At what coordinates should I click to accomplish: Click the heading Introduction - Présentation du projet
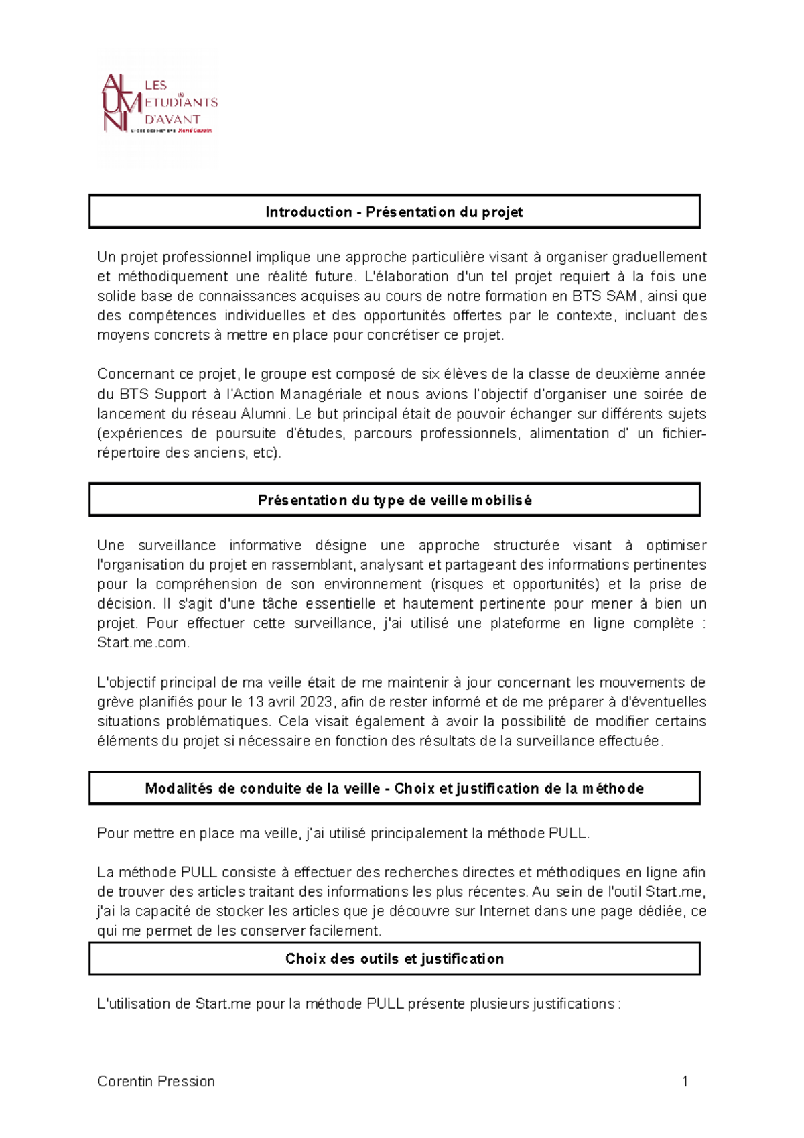coord(394,212)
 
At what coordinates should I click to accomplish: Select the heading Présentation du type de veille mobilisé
coord(394,501)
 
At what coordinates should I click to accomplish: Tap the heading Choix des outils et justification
coord(394,959)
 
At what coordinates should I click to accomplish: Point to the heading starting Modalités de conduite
coord(394,789)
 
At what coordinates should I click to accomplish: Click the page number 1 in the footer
coord(685,1081)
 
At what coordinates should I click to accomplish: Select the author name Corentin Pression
coord(156,1081)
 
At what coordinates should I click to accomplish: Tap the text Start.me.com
coord(143,643)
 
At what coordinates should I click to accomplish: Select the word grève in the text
coord(113,702)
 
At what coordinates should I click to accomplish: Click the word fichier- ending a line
coord(683,434)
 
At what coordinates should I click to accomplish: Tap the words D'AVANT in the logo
coord(173,119)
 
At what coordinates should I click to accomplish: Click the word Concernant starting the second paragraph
coord(131,375)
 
